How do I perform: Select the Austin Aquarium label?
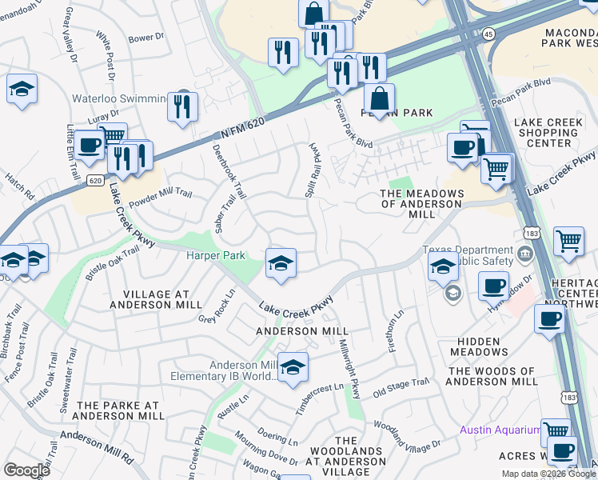click(500, 430)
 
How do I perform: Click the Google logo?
click(26, 470)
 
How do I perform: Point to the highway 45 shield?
click(488, 34)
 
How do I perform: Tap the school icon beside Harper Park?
click(281, 265)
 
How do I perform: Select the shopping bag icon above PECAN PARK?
click(379, 98)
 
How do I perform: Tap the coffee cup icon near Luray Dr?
click(90, 145)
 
